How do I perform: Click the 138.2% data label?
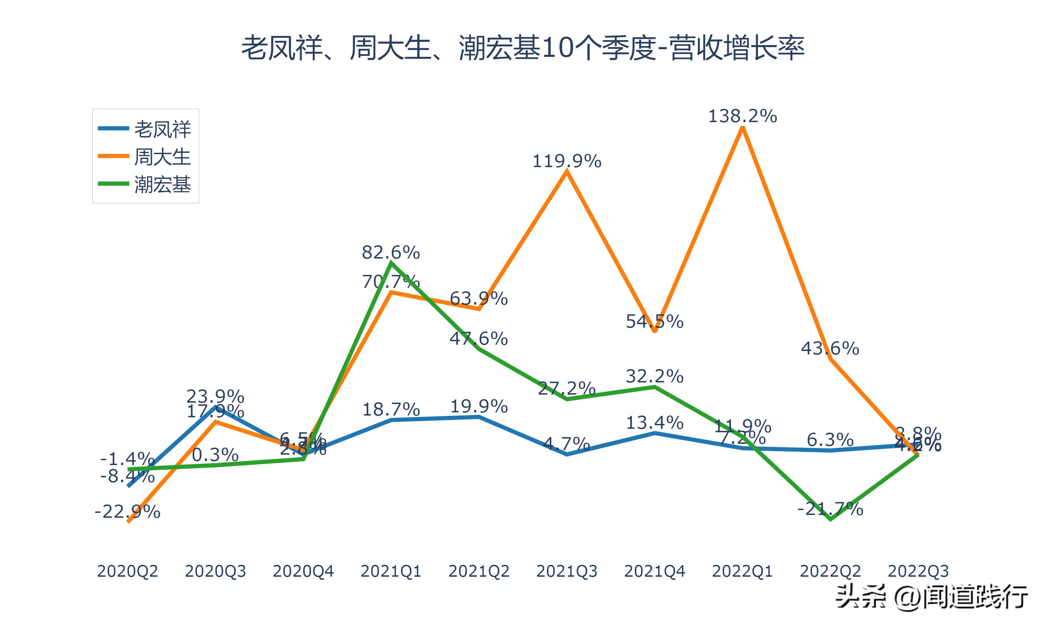click(742, 116)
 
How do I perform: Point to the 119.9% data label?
click(567, 161)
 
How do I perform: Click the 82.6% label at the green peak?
click(391, 253)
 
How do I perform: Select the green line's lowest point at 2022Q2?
click(831, 519)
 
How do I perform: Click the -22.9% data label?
click(127, 512)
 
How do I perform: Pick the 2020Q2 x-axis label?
click(127, 571)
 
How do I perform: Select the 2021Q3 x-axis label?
click(567, 571)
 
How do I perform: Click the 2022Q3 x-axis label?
click(918, 571)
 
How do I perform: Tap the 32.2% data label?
click(654, 376)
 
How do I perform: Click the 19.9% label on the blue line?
click(479, 406)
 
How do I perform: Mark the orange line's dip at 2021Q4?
click(654, 331)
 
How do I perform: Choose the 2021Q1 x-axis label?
click(391, 571)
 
